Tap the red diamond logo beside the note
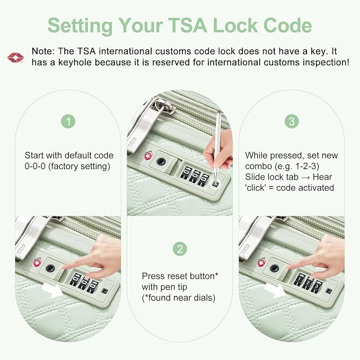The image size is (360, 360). coord(15,57)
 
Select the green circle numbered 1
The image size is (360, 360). coord(68,121)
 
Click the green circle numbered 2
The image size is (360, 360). coord(180,249)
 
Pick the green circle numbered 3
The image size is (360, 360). coord(292,121)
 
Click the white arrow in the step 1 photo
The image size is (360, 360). coord(52,290)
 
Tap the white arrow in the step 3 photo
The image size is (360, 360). coord(274,290)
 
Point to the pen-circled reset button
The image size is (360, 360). coord(215,184)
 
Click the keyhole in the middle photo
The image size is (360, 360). coord(162,161)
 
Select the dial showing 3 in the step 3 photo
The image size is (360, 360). coord(317,286)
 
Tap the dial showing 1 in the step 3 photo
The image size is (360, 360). coord(299,279)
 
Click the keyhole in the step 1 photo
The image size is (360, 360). coord(50,268)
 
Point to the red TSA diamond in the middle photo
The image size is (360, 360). coord(148,156)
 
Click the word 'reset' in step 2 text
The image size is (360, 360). coord(175,276)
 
